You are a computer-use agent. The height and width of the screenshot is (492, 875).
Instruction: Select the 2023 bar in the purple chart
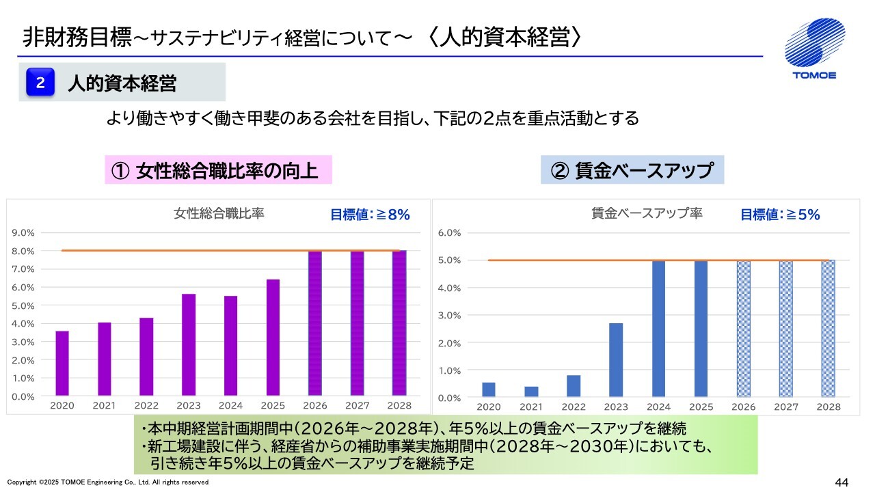189,345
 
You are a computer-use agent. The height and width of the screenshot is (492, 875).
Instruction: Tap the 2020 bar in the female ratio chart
62,364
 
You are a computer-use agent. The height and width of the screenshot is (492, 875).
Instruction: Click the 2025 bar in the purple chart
273,338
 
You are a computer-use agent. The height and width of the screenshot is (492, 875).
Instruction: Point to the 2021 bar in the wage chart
531,392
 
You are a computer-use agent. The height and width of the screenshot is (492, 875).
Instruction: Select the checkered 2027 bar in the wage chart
786,329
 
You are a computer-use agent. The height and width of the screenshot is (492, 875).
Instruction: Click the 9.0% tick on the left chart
23,233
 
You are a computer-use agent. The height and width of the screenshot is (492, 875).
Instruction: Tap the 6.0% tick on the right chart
450,233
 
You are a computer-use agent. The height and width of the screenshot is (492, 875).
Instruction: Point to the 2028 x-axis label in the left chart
399,406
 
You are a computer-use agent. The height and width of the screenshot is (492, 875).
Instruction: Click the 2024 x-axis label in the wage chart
658,407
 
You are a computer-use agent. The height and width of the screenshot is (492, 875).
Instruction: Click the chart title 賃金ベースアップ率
647,213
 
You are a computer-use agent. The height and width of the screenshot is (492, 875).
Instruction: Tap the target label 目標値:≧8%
370,215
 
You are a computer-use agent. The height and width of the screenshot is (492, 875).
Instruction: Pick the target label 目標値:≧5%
780,215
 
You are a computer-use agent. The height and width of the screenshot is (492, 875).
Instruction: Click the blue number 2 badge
40,83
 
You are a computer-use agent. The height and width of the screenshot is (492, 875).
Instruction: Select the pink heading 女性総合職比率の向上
218,170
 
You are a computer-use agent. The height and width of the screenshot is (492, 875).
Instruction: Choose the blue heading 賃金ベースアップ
632,170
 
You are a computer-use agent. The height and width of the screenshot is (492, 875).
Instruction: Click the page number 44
842,482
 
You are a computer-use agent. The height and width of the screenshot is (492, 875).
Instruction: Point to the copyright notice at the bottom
108,482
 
